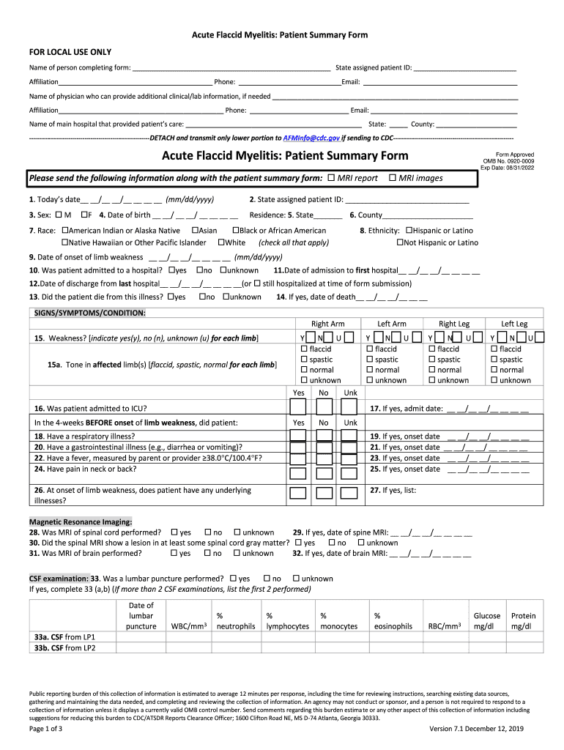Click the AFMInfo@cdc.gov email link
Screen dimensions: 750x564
coord(311,138)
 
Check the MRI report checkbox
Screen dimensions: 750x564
coord(331,178)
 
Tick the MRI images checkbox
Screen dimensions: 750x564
coord(393,178)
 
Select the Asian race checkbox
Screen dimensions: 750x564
coord(196,231)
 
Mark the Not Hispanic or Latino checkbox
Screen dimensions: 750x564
coord(401,242)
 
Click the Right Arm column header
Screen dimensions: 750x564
coord(327,324)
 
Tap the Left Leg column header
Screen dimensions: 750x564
coord(513,324)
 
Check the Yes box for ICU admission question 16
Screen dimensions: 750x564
coord(298,409)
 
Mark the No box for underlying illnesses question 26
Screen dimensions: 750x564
coord(324,492)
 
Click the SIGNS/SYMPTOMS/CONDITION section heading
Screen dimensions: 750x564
coord(90,313)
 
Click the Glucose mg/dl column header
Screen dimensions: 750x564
coord(487,621)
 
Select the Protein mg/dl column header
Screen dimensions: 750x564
coord(523,621)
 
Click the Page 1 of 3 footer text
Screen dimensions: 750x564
coord(45,729)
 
